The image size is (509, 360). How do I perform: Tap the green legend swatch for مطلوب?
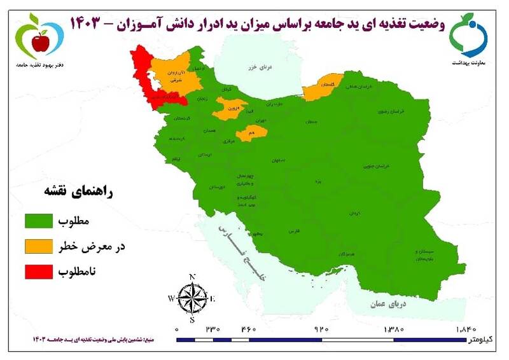pyautogui.click(x=39, y=222)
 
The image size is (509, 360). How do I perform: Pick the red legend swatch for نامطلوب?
pyautogui.click(x=39, y=272)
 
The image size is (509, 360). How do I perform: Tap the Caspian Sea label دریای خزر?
pyautogui.click(x=261, y=68)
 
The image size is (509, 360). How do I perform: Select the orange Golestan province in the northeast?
pyautogui.click(x=322, y=88)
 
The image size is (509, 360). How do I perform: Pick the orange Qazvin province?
pyautogui.click(x=228, y=109)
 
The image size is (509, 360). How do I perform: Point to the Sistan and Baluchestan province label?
pyautogui.click(x=424, y=255)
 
